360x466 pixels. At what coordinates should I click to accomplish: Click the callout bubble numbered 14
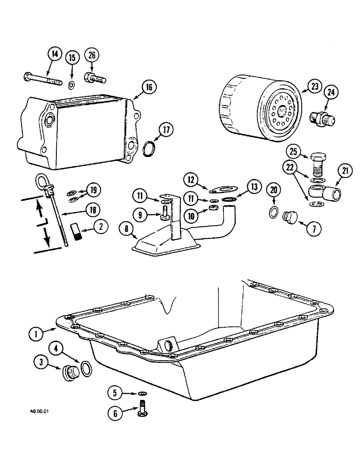pos(55,55)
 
